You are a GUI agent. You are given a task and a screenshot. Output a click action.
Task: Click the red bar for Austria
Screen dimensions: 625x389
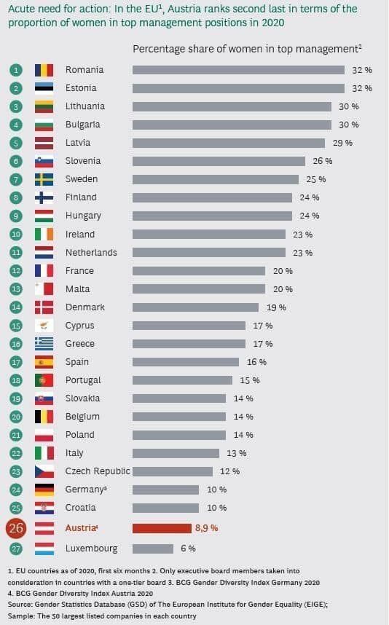point(162,527)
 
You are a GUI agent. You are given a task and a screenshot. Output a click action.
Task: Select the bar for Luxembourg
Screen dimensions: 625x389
point(153,548)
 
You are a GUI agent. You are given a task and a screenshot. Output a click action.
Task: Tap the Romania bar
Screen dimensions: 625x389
point(238,70)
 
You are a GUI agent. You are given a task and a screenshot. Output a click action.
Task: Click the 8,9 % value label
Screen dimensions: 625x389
point(206,527)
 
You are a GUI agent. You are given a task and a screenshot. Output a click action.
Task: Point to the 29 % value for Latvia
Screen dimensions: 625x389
point(343,143)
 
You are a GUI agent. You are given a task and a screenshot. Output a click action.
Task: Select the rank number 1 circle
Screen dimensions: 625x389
point(15,70)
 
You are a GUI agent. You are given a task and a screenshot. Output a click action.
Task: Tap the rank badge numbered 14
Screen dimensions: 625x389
point(15,307)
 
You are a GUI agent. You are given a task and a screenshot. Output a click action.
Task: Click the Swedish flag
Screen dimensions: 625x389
point(44,179)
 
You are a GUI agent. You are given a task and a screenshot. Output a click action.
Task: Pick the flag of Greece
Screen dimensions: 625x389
point(44,344)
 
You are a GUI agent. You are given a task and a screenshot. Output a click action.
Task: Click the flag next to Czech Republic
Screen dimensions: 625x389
point(44,471)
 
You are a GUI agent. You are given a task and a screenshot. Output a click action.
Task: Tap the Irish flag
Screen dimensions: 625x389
point(44,235)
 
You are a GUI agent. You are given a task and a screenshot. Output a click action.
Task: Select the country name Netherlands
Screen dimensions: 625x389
point(91,253)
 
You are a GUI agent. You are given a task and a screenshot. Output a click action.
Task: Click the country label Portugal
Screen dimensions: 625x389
point(83,380)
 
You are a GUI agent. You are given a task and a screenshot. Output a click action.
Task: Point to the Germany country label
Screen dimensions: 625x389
point(86,490)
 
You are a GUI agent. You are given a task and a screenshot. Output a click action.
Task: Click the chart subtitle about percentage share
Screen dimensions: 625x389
point(247,49)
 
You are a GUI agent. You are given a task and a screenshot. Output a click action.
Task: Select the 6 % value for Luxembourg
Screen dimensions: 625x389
point(187,548)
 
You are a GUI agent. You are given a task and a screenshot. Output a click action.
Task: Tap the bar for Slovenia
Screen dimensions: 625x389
point(219,161)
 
